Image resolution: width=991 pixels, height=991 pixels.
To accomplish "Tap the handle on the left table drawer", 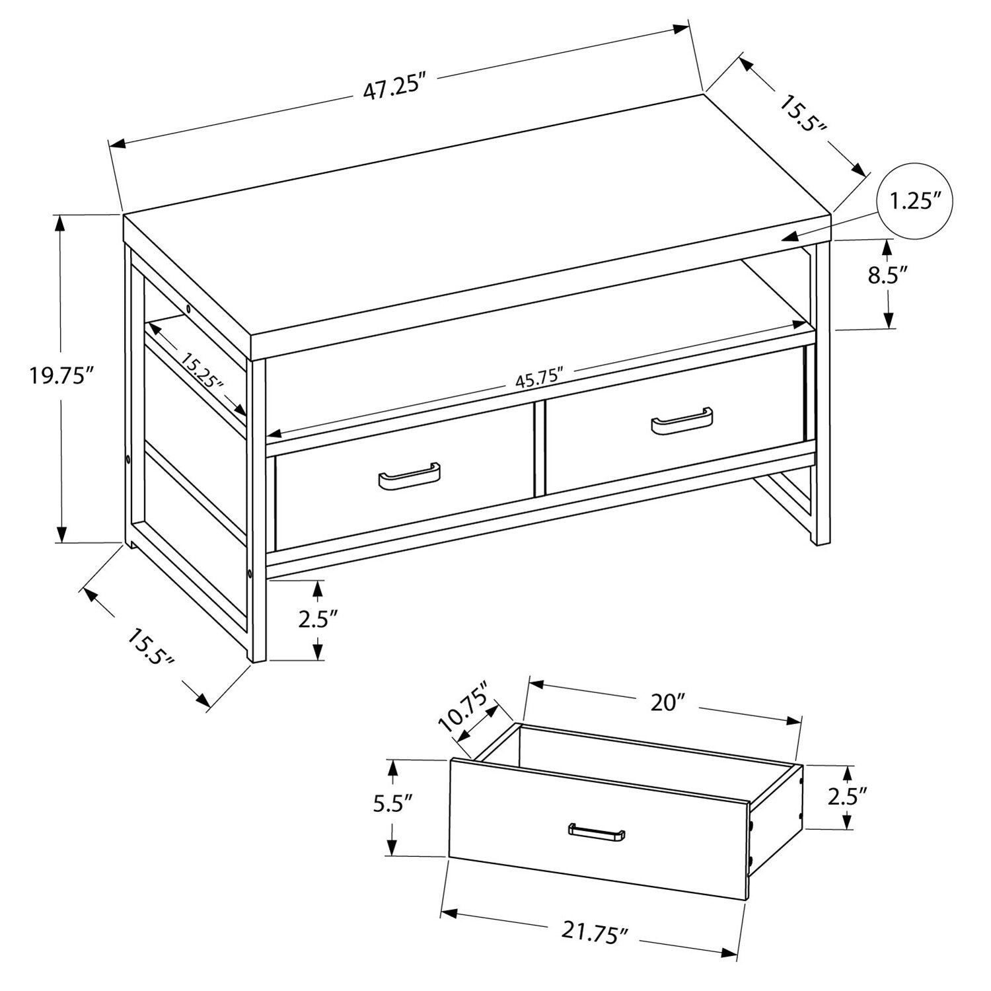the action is coord(409,477).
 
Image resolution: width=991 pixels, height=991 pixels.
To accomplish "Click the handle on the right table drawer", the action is coord(682,422).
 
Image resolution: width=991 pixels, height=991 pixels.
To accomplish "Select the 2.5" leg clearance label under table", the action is coord(318,620).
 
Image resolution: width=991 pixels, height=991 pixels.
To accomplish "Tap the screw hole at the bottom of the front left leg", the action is coord(250,574).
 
